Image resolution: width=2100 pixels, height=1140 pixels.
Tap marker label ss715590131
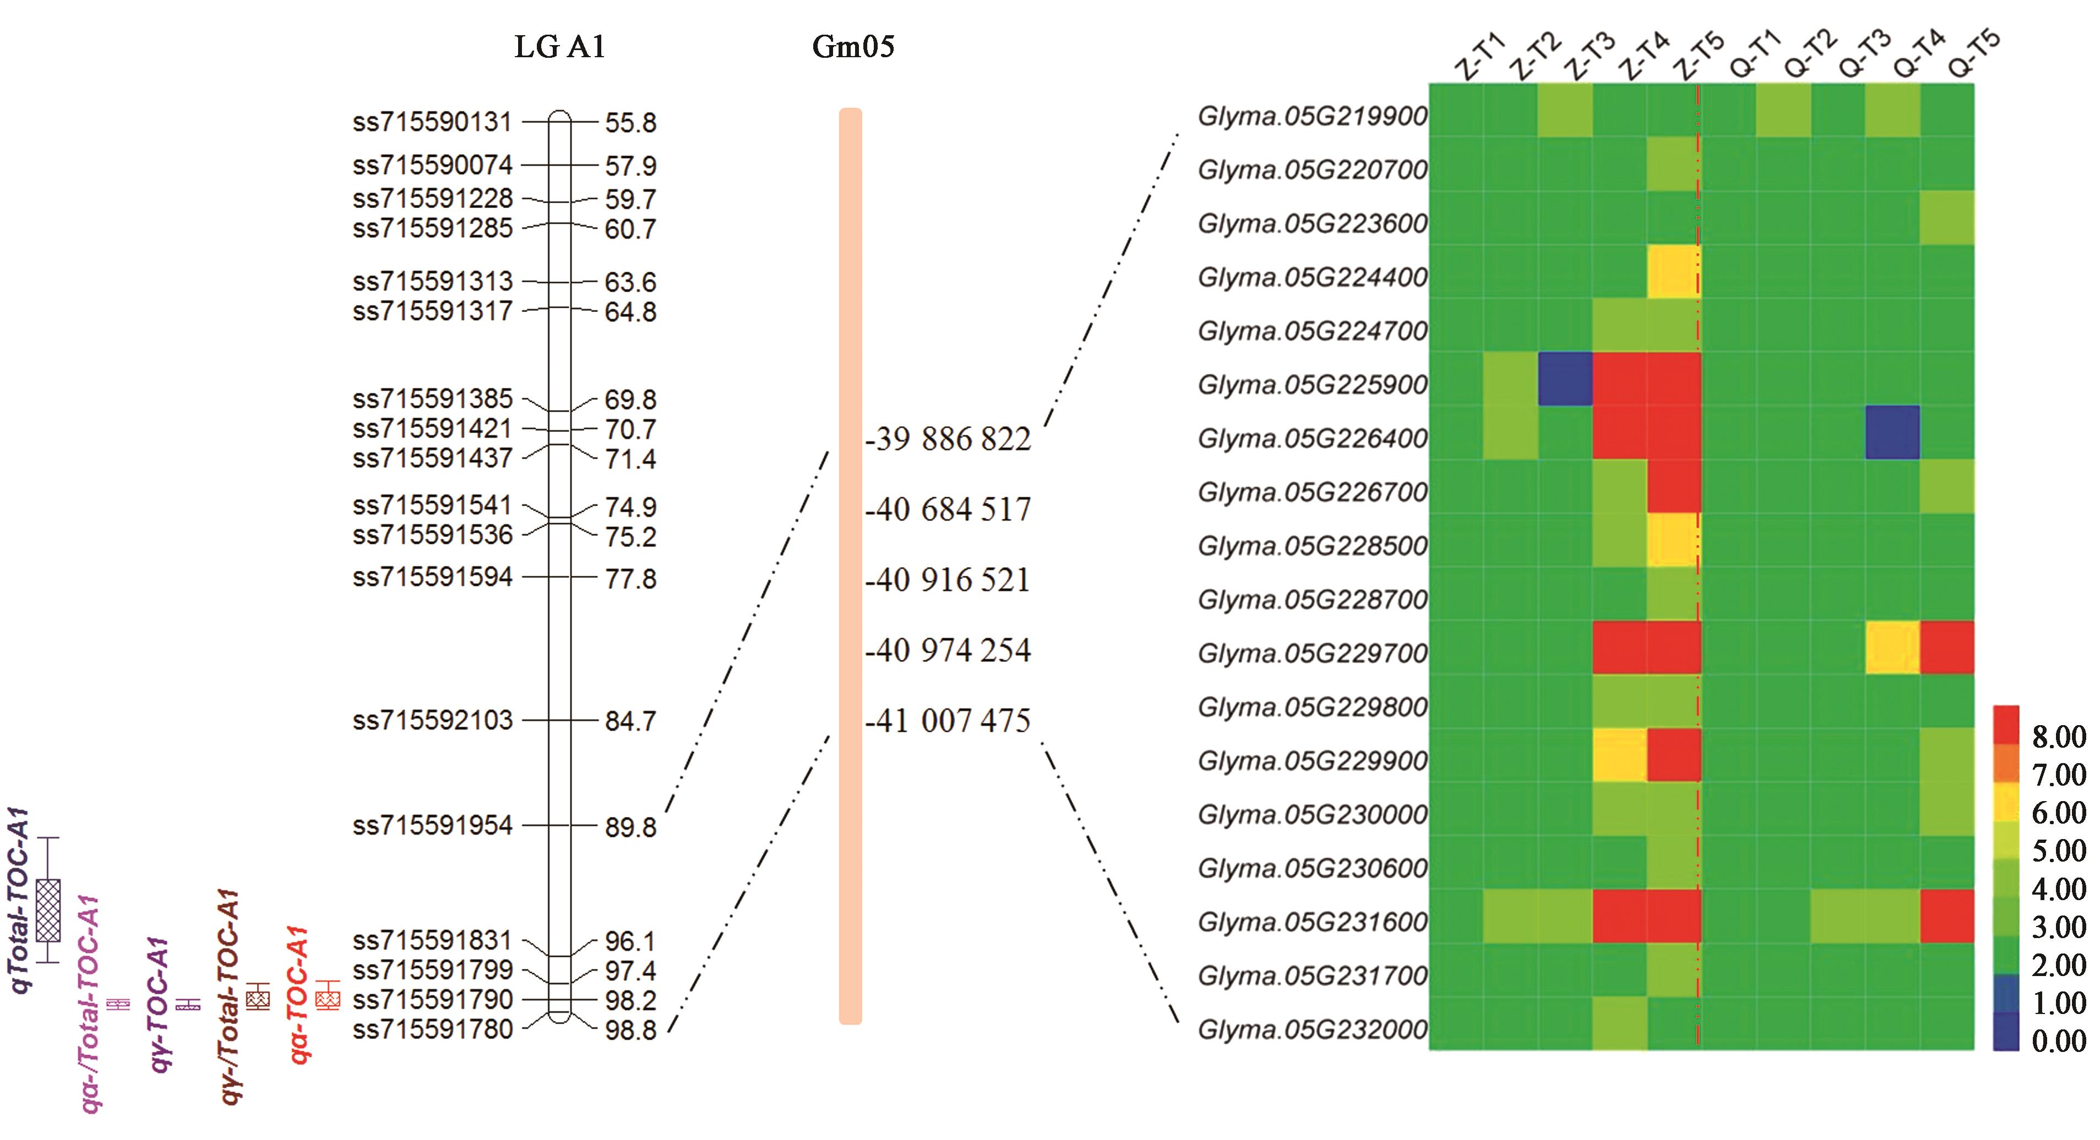coord(432,122)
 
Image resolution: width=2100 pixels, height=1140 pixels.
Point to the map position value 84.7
coord(630,721)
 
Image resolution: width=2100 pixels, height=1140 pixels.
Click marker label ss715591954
coord(432,825)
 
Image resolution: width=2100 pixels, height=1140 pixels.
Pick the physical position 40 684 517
coord(948,510)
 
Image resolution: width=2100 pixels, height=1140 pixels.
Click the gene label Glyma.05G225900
coord(1313,385)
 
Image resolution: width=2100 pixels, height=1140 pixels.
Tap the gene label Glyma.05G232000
coord(1313,1029)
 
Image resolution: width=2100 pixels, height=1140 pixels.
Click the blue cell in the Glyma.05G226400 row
coord(1892,432)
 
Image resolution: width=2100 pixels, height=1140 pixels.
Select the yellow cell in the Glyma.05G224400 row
coord(1673,271)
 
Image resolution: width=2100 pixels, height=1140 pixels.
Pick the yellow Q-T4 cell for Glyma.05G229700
coord(1892,648)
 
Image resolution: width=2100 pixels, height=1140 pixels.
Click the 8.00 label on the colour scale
coord(2058,737)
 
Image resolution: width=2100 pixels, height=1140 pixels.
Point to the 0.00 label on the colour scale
coord(2058,1040)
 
